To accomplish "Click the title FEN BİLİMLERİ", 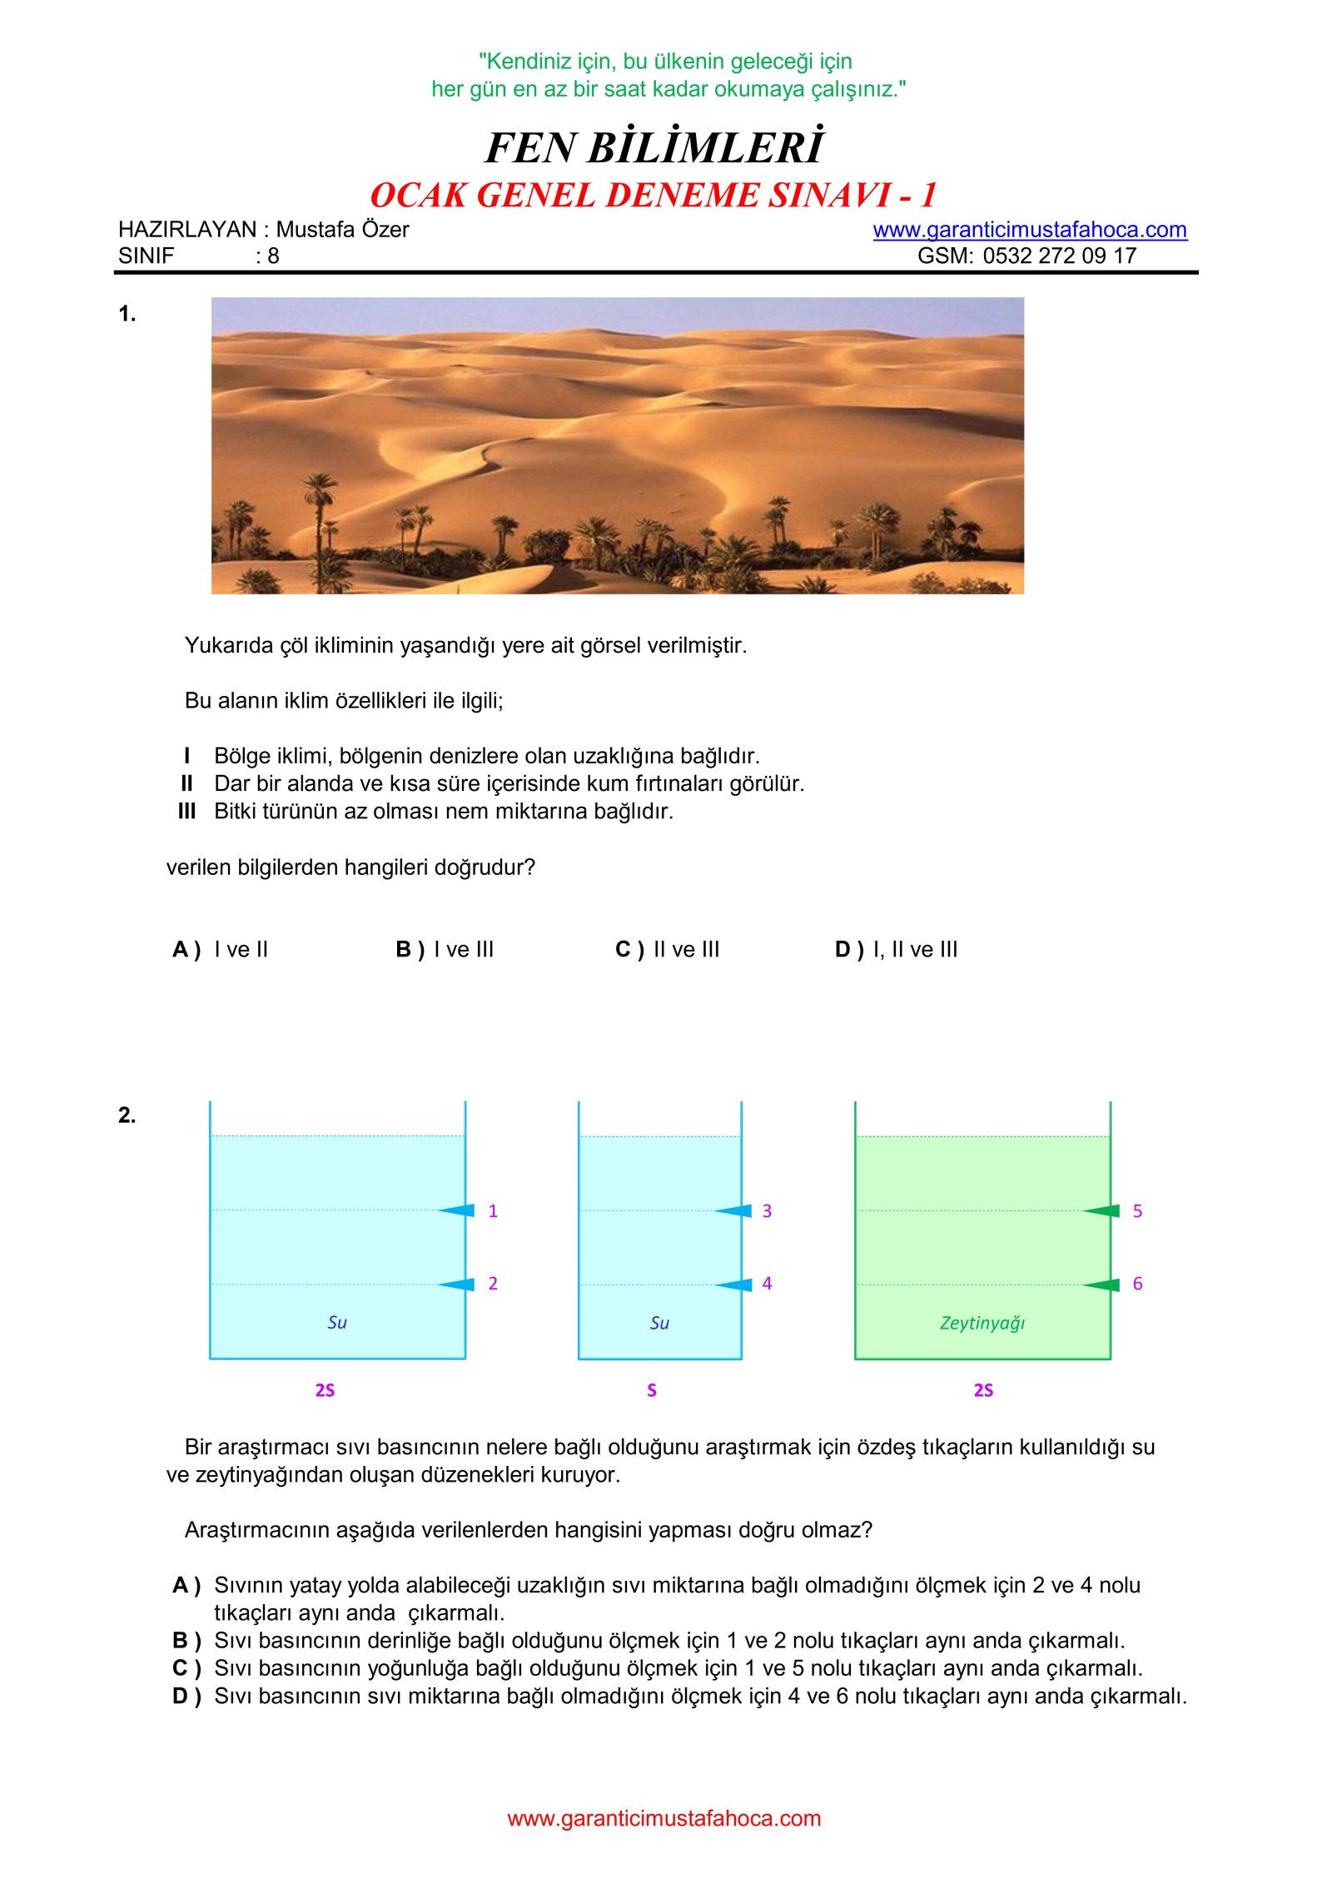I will coord(654,148).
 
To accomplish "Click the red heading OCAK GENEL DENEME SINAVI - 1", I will coord(654,196).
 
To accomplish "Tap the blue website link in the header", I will coord(1029,230).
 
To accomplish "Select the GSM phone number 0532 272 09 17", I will coord(1059,256).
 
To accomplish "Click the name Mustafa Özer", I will coord(342,230).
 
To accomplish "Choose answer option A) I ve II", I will coord(221,949).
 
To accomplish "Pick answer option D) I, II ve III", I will coord(897,949).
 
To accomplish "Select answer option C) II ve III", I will coord(668,949).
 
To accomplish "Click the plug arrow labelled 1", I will coord(457,1210).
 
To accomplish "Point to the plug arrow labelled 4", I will coord(734,1284).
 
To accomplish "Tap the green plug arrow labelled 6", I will coord(1102,1284).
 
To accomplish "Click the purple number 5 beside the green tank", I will coord(1137,1211).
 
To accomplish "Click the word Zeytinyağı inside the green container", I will coord(982,1323).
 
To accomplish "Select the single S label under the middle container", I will coord(652,1390).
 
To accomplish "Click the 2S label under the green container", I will coord(983,1390).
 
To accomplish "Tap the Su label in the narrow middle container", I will coord(659,1323).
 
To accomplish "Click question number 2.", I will coord(127,1115).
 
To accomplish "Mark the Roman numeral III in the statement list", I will coord(186,812).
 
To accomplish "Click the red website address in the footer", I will coord(664,1819).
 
